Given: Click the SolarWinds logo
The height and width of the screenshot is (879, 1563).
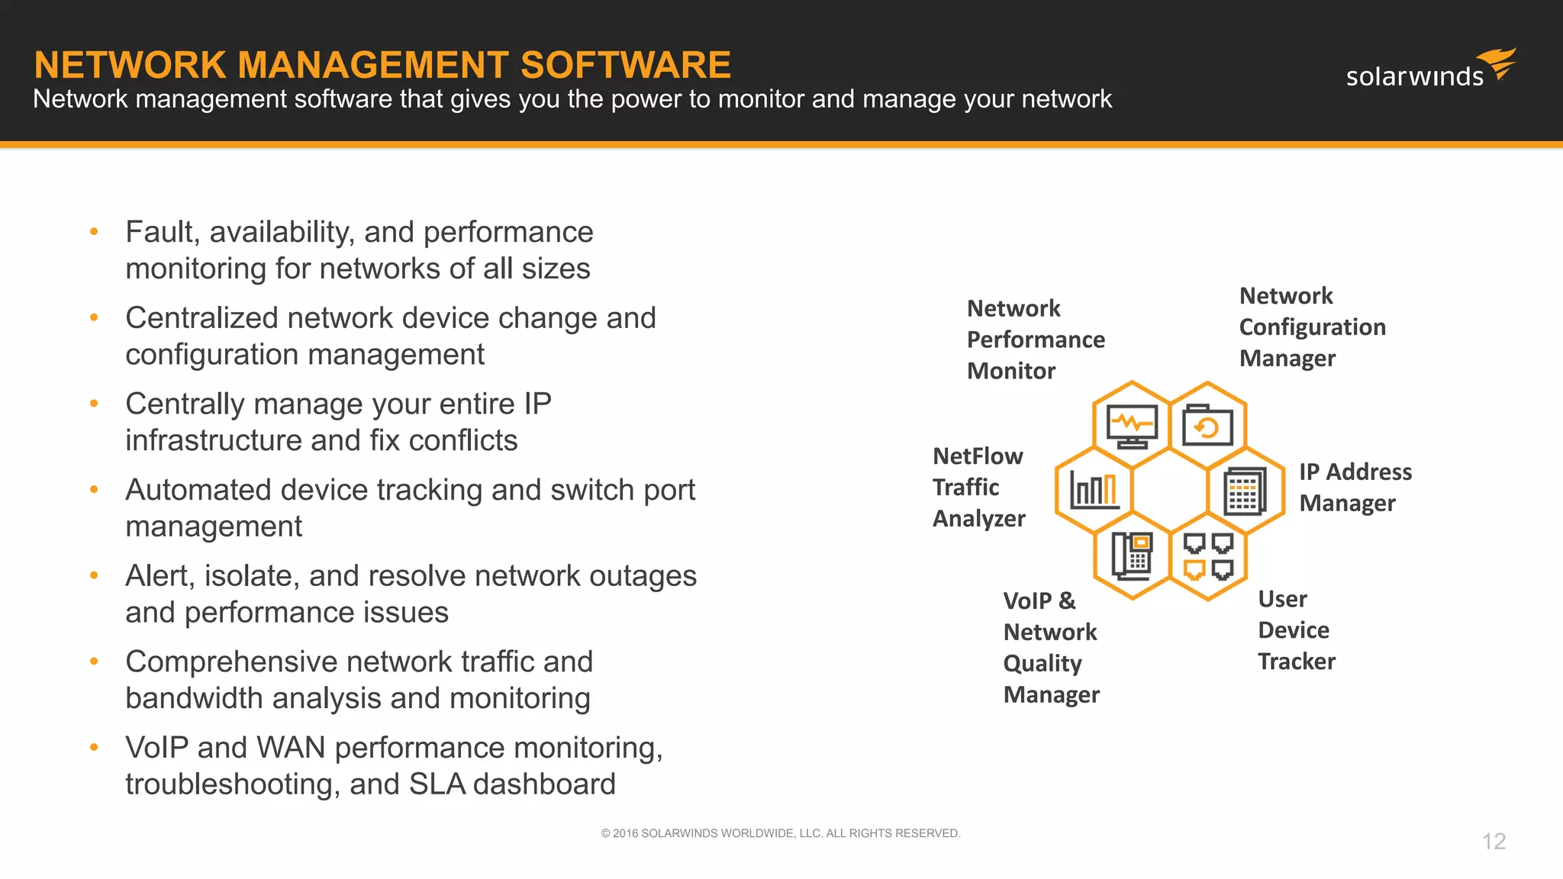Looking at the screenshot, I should pos(1429,70).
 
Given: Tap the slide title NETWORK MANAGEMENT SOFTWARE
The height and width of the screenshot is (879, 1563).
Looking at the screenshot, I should pos(382,65).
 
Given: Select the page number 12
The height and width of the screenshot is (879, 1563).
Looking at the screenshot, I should pos(1494,841).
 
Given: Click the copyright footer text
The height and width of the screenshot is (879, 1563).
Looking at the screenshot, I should pos(780,833).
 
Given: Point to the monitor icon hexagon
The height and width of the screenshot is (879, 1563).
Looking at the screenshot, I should pos(1132,426).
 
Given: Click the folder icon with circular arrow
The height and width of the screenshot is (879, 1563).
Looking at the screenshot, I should pos(1207,426).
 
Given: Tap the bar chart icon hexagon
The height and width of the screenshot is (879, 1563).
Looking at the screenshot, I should pos(1094,490).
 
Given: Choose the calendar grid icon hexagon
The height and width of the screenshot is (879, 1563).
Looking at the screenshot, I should pos(1245,491).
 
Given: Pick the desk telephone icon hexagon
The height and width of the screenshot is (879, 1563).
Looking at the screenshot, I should pos(1132,555).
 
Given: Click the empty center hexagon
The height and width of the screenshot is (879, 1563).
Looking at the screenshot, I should pos(1169,491).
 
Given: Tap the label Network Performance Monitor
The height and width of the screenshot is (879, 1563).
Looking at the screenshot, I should pos(1035,340).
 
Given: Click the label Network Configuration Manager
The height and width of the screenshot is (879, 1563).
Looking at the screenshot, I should pos(1311,327).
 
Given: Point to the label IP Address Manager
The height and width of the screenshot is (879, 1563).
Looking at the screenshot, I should pos(1355,487).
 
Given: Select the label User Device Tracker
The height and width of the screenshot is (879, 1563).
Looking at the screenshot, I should pos(1296,629).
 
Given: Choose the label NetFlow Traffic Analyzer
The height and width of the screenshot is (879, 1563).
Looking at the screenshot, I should pos(978,487).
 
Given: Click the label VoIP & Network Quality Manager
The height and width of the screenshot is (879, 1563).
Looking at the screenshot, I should pos(1051,647).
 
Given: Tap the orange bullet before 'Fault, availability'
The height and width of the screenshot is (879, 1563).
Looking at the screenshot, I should pos(94,231).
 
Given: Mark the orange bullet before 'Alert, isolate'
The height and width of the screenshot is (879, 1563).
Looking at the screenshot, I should pos(94,575).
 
